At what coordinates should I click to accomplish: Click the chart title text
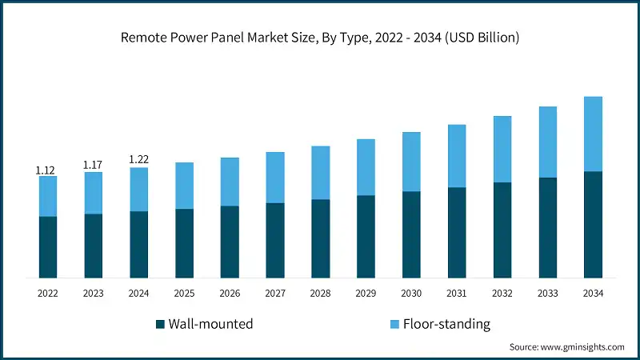[x=320, y=38]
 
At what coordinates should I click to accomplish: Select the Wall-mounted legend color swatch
[x=160, y=324]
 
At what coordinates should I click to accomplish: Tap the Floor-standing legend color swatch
[x=393, y=324]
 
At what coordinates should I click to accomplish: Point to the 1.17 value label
[x=93, y=165]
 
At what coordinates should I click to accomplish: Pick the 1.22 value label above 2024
[x=138, y=160]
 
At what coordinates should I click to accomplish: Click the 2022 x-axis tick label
[x=47, y=294]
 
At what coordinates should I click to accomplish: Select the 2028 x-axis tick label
[x=320, y=294]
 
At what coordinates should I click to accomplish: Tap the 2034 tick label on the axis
[x=593, y=294]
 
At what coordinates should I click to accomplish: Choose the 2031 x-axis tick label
[x=457, y=294]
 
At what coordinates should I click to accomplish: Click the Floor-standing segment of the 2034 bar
[x=593, y=134]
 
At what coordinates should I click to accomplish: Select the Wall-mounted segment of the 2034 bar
[x=593, y=224]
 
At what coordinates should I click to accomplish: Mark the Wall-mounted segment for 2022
[x=47, y=246]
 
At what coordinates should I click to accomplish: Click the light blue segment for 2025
[x=184, y=186]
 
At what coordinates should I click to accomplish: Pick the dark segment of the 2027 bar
[x=275, y=240]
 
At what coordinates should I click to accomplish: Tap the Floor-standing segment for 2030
[x=411, y=162]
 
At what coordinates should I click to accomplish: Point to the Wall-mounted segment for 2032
[x=502, y=230]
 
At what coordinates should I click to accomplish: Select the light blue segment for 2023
[x=93, y=193]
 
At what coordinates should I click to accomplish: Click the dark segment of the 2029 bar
[x=366, y=236]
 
